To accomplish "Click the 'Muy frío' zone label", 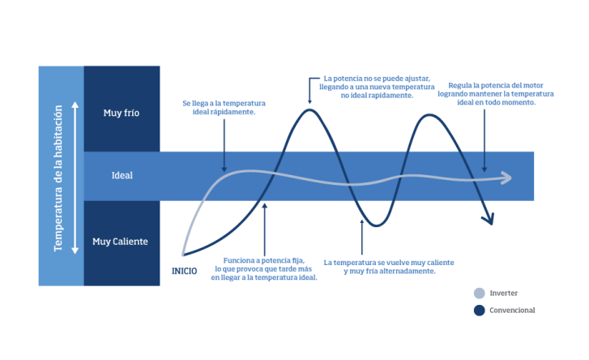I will point(122,113).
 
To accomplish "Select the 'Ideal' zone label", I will point(122,175).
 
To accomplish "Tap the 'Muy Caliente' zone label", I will point(120,242).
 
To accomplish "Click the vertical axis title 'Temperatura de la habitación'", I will point(58,176).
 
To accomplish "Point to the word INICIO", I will point(185,271).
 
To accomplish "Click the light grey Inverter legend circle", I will point(479,294).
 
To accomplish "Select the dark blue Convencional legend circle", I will point(479,310).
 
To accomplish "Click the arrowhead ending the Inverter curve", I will point(508,178).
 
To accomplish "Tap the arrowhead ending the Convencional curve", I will point(489,219).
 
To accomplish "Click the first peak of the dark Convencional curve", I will point(309,110).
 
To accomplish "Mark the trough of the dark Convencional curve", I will point(375,225).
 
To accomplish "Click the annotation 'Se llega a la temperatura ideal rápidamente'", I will point(224,108).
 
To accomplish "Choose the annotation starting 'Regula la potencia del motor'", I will point(501,94).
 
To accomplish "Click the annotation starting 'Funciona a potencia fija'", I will point(265,269).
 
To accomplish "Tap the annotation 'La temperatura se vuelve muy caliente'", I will point(388,267).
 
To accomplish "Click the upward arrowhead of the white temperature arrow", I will point(75,105).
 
